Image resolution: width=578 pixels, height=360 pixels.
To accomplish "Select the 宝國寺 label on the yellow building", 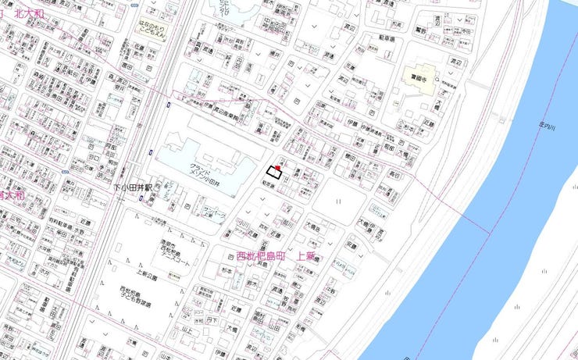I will pos(419,77).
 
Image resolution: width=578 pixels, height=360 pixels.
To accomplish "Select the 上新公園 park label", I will pos(146,276).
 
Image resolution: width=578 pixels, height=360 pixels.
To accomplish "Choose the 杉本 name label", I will pos(227,271).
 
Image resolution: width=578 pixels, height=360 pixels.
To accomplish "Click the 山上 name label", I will pos(187,332).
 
